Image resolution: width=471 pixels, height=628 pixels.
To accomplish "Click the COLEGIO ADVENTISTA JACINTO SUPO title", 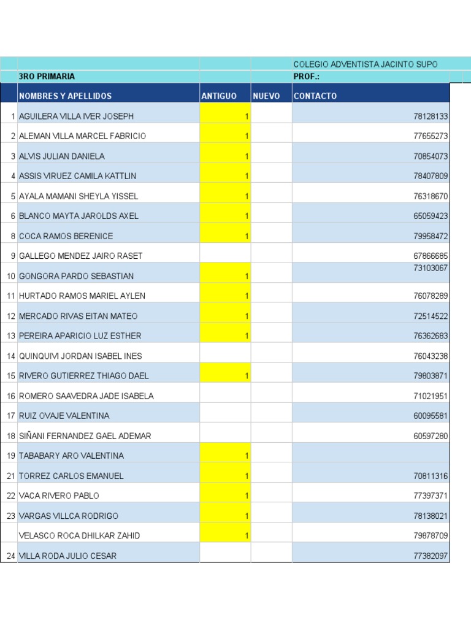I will click(x=366, y=64).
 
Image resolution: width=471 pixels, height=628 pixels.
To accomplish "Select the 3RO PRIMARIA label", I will click(x=47, y=77).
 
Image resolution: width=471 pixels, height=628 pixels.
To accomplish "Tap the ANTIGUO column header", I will click(x=219, y=96).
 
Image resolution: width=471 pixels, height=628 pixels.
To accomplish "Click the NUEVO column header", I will click(x=266, y=96).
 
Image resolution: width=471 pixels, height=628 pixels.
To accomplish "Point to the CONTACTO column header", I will click(x=315, y=96).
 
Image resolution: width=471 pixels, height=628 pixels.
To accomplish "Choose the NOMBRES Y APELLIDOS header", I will click(x=66, y=96).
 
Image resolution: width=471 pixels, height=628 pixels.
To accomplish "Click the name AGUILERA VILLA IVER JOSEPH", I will click(x=76, y=117).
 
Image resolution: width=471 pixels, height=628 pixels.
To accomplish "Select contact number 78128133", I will click(x=431, y=117).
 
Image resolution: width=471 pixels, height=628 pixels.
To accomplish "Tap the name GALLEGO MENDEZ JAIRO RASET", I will click(x=80, y=256).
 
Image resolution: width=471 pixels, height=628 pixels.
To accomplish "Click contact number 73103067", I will click(x=431, y=268).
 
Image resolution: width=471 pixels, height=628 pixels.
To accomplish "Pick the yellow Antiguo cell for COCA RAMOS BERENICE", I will click(x=225, y=236).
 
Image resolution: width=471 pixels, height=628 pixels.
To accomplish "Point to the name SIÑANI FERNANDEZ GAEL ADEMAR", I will click(x=85, y=436).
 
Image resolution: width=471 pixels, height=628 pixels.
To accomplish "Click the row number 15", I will click(x=11, y=376).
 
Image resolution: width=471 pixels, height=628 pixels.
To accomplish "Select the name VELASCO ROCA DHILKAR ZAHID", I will click(x=79, y=536).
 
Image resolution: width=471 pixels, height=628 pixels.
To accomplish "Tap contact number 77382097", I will click(x=431, y=556).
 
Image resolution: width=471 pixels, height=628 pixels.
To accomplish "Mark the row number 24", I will click(x=11, y=556).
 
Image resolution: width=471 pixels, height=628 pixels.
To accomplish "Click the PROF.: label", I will click(x=307, y=77).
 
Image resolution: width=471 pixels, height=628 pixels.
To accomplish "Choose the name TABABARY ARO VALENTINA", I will click(x=71, y=456).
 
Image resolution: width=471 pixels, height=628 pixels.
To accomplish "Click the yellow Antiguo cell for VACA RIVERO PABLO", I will click(x=225, y=496).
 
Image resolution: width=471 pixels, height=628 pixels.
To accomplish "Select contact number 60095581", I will click(x=431, y=416).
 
